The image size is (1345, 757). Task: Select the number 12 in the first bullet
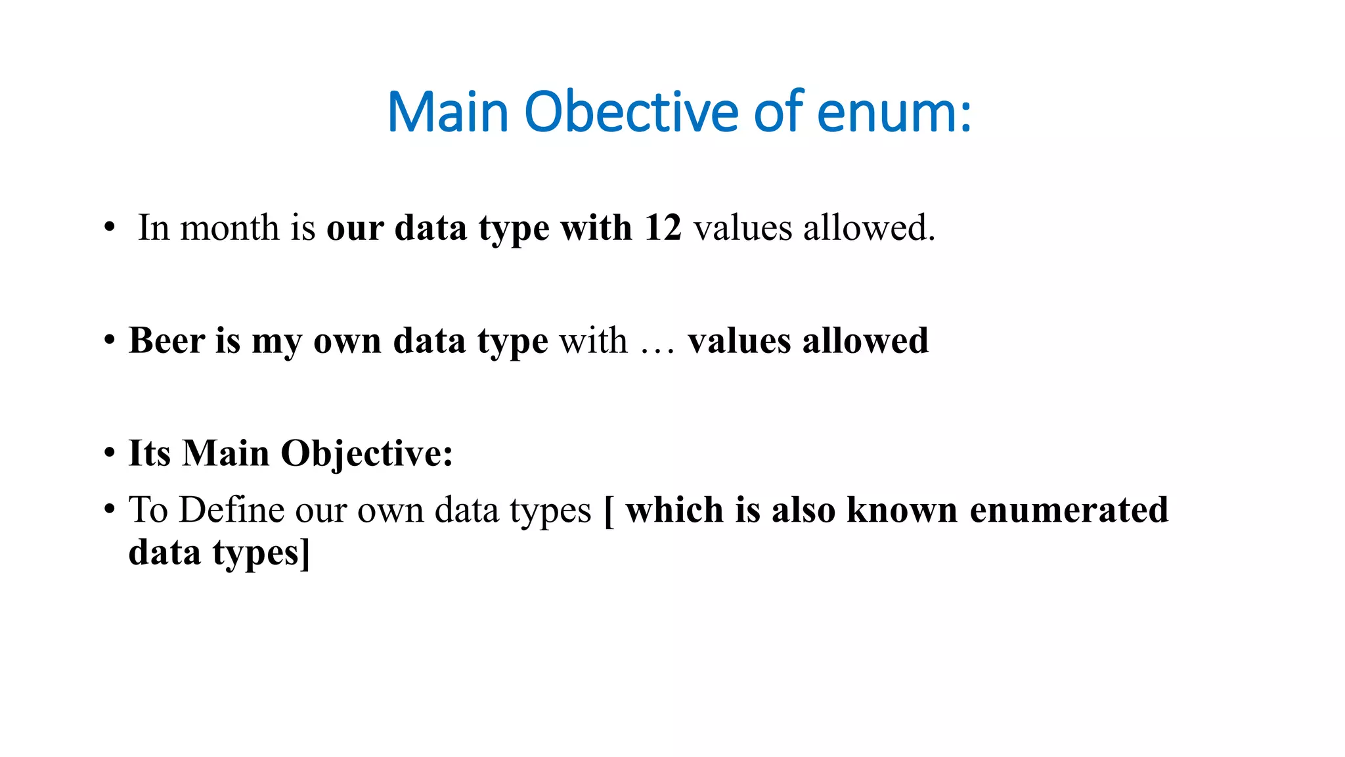(x=663, y=228)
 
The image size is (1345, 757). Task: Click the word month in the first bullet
(x=230, y=228)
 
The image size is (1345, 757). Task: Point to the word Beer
(x=167, y=340)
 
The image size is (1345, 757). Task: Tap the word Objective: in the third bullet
(x=366, y=453)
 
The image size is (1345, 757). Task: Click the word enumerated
(x=1069, y=510)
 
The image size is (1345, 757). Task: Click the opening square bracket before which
(x=609, y=511)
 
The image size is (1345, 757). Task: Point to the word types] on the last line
(x=261, y=553)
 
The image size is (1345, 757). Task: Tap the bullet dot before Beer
(x=110, y=341)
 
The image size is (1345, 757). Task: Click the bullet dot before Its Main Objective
(x=110, y=454)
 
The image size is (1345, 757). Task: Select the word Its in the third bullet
(x=149, y=453)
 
